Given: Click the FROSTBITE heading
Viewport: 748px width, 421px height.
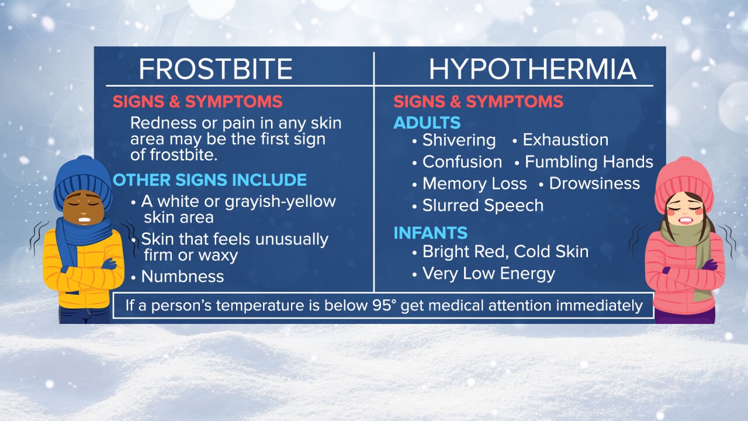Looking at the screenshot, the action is [216, 69].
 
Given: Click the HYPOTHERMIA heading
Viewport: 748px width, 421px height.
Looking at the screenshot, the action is [532, 69].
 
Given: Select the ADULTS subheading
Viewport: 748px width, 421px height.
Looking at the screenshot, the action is [427, 123].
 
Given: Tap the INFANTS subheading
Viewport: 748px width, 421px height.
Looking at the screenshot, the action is [431, 233].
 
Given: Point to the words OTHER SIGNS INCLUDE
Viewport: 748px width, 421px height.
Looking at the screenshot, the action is [210, 180].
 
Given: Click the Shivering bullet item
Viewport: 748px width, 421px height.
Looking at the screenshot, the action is [459, 140].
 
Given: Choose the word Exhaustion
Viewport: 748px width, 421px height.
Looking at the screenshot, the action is [565, 140].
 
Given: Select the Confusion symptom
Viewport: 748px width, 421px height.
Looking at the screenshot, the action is [462, 162].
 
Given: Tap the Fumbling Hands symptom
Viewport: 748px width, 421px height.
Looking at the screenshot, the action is [588, 162].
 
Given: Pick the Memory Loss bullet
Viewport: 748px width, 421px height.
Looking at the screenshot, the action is [475, 184].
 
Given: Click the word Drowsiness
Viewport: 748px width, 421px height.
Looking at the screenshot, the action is [594, 184].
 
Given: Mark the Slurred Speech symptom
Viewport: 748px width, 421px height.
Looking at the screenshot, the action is [483, 206].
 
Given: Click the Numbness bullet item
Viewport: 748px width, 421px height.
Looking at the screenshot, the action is [182, 277].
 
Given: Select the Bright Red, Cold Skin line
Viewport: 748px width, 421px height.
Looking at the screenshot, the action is [505, 252].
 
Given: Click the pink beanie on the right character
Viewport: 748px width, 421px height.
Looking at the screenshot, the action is [684, 182].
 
